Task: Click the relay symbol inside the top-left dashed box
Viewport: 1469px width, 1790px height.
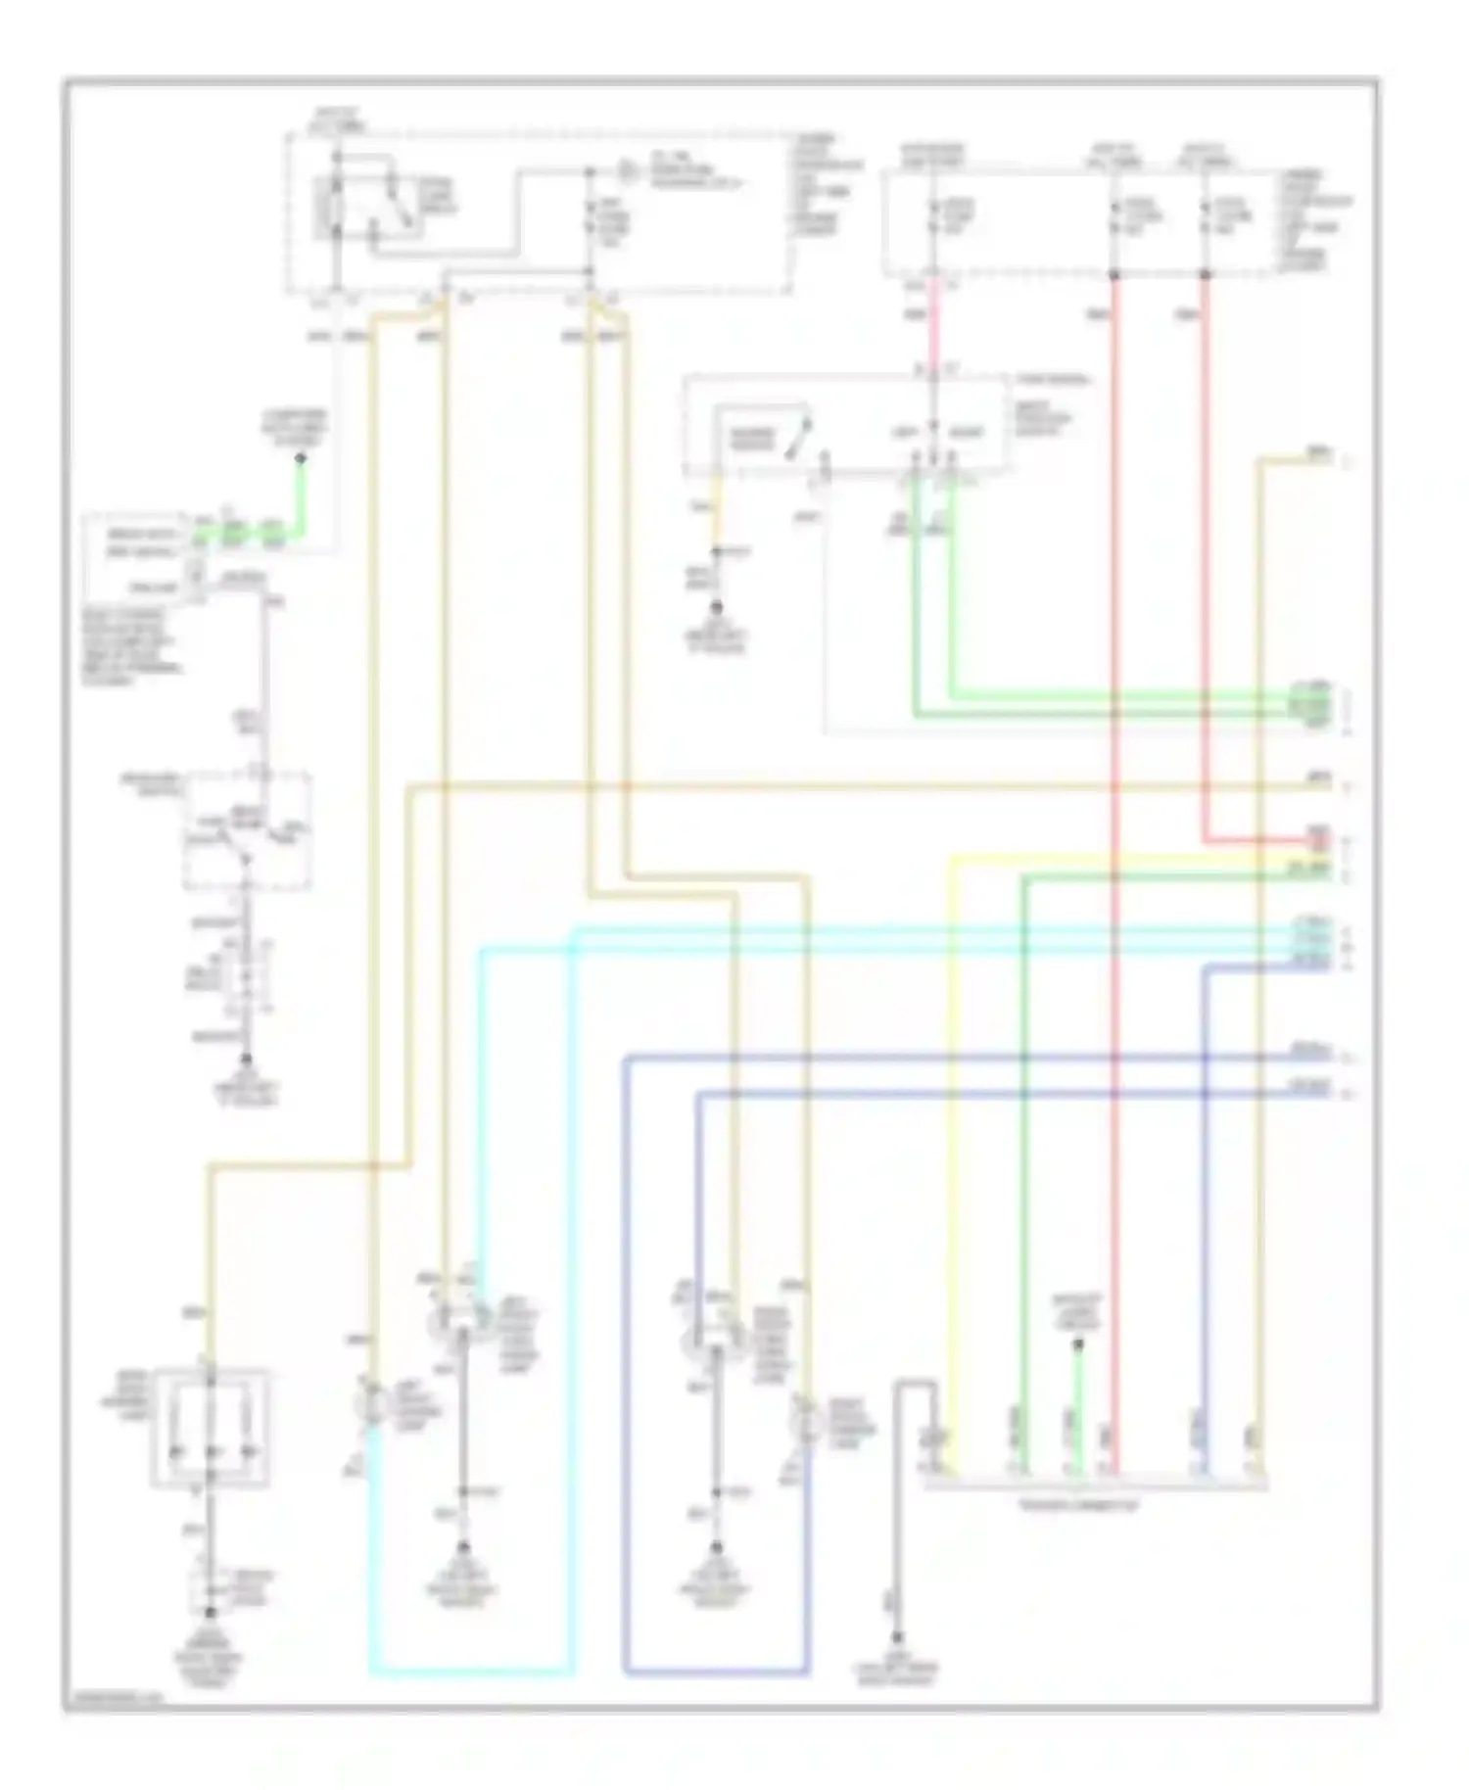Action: click(338, 208)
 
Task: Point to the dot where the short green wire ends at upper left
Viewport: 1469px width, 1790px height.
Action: click(301, 458)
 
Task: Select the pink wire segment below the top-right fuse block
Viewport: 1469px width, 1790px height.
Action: click(933, 323)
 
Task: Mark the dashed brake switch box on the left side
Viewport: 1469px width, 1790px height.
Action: click(248, 830)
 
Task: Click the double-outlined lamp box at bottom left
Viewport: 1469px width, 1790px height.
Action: click(210, 1423)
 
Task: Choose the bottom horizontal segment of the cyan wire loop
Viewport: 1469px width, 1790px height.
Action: click(470, 1672)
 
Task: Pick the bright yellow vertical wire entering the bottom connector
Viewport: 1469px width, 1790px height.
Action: click(950, 1175)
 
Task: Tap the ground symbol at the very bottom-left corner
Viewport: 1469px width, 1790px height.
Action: click(210, 1614)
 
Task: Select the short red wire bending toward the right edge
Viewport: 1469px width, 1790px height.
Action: click(1263, 840)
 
